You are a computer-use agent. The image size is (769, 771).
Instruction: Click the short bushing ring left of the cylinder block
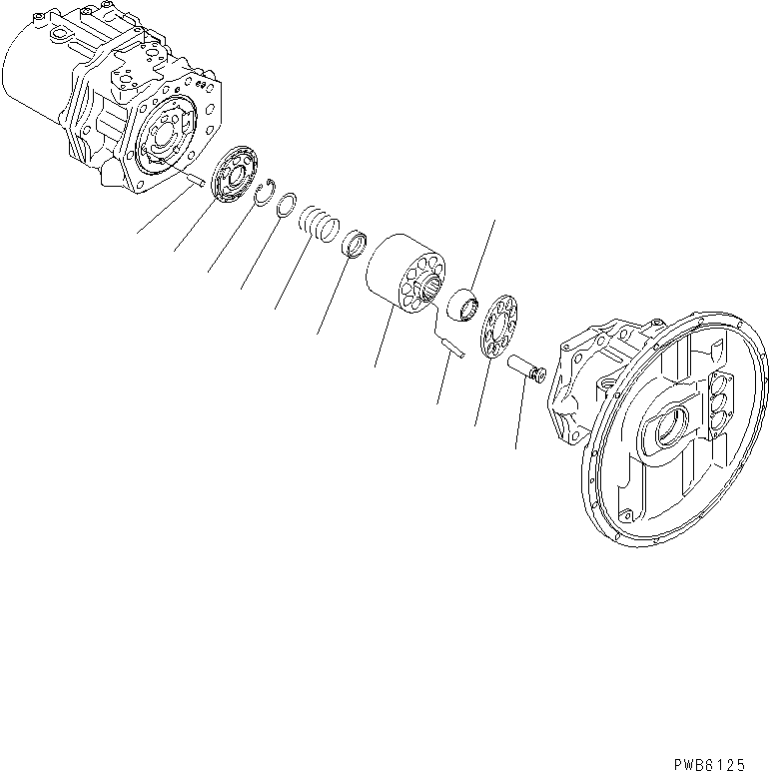point(355,244)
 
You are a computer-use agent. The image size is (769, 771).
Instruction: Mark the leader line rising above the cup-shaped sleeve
point(482,255)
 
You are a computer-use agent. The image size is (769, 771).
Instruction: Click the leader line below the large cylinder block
point(382,340)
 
